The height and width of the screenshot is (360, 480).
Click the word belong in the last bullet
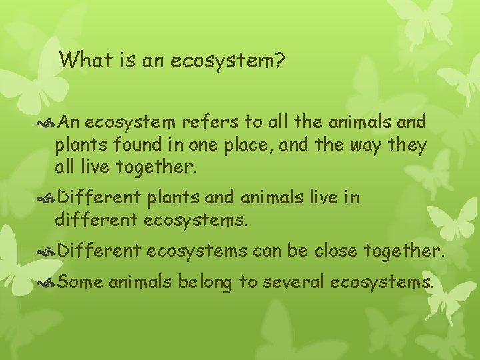pos(203,283)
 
